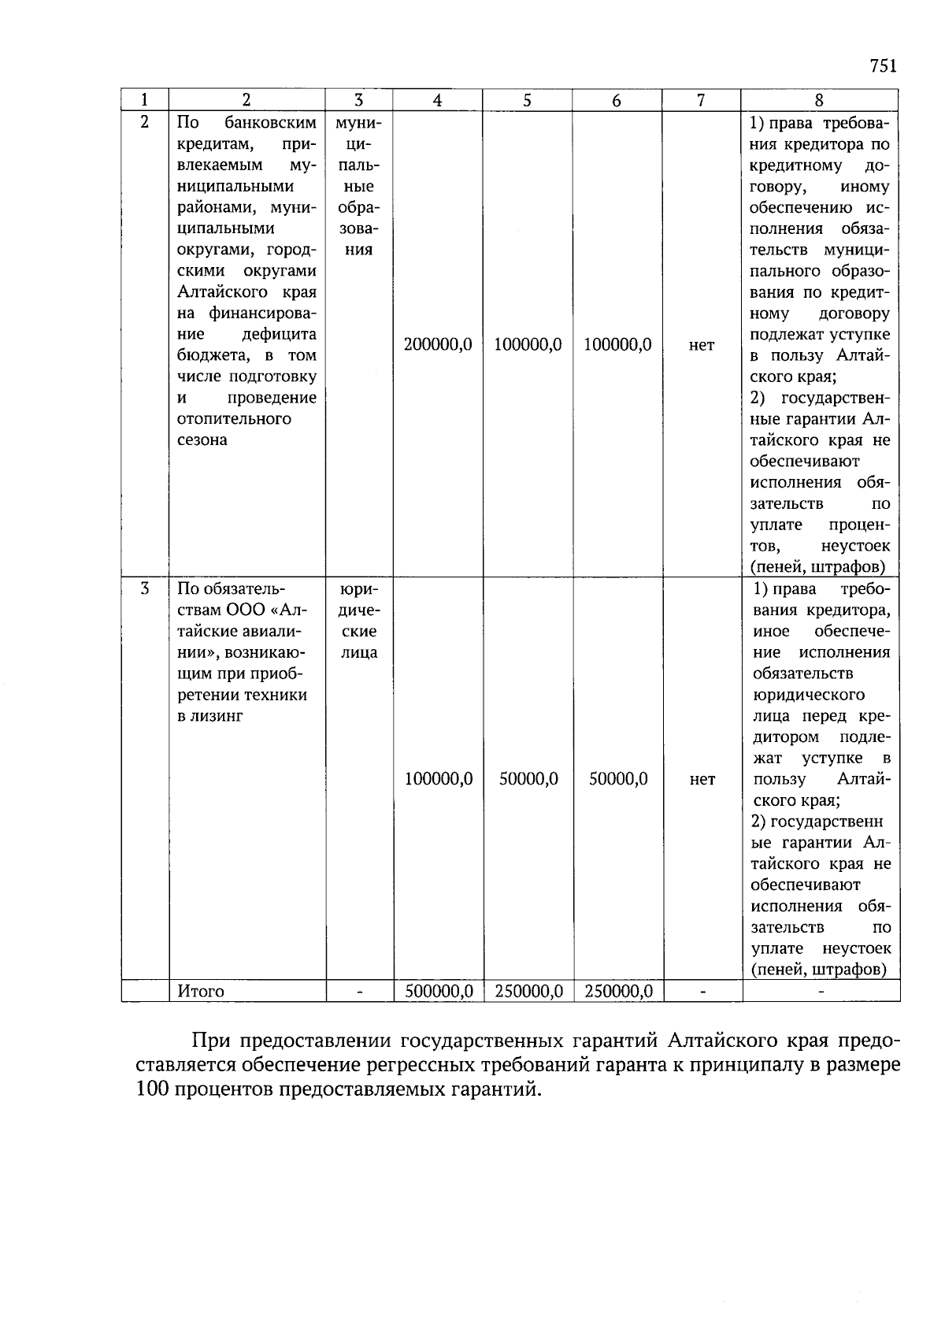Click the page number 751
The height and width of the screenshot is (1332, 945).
(x=884, y=65)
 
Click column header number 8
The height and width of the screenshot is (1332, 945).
(x=819, y=100)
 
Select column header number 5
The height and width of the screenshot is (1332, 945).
(x=527, y=100)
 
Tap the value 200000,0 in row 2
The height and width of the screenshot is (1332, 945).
(x=438, y=344)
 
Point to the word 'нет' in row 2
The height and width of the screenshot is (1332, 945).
(x=702, y=345)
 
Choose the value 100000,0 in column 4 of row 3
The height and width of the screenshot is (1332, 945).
(x=439, y=779)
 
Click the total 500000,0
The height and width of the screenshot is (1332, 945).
(x=439, y=991)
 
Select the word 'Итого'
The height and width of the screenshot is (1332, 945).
(x=201, y=991)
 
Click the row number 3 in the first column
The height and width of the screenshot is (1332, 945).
(x=144, y=588)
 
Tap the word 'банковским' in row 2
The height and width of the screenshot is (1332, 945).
(x=270, y=123)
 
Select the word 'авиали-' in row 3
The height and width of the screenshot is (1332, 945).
(x=267, y=631)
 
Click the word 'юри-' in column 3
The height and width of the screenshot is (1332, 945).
(x=359, y=589)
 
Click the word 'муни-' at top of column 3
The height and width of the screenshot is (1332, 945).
(x=359, y=123)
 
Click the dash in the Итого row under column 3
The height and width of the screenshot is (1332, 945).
(x=359, y=992)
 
